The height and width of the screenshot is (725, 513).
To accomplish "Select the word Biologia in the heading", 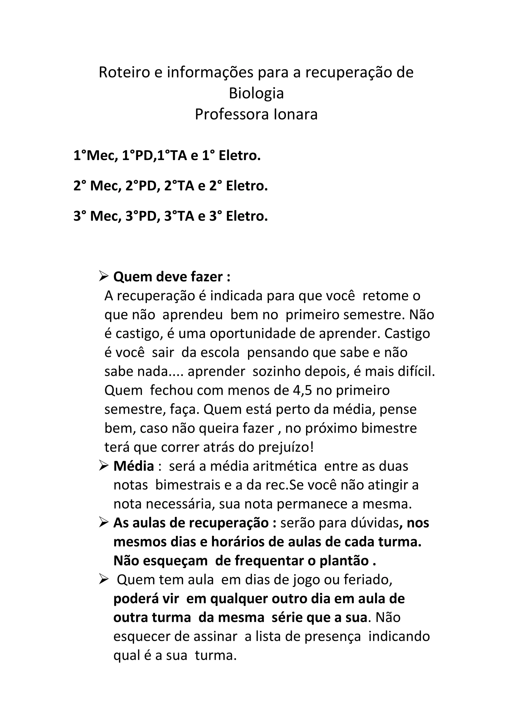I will click(256, 93).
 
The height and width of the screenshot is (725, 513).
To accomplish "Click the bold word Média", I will click(134, 466).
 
